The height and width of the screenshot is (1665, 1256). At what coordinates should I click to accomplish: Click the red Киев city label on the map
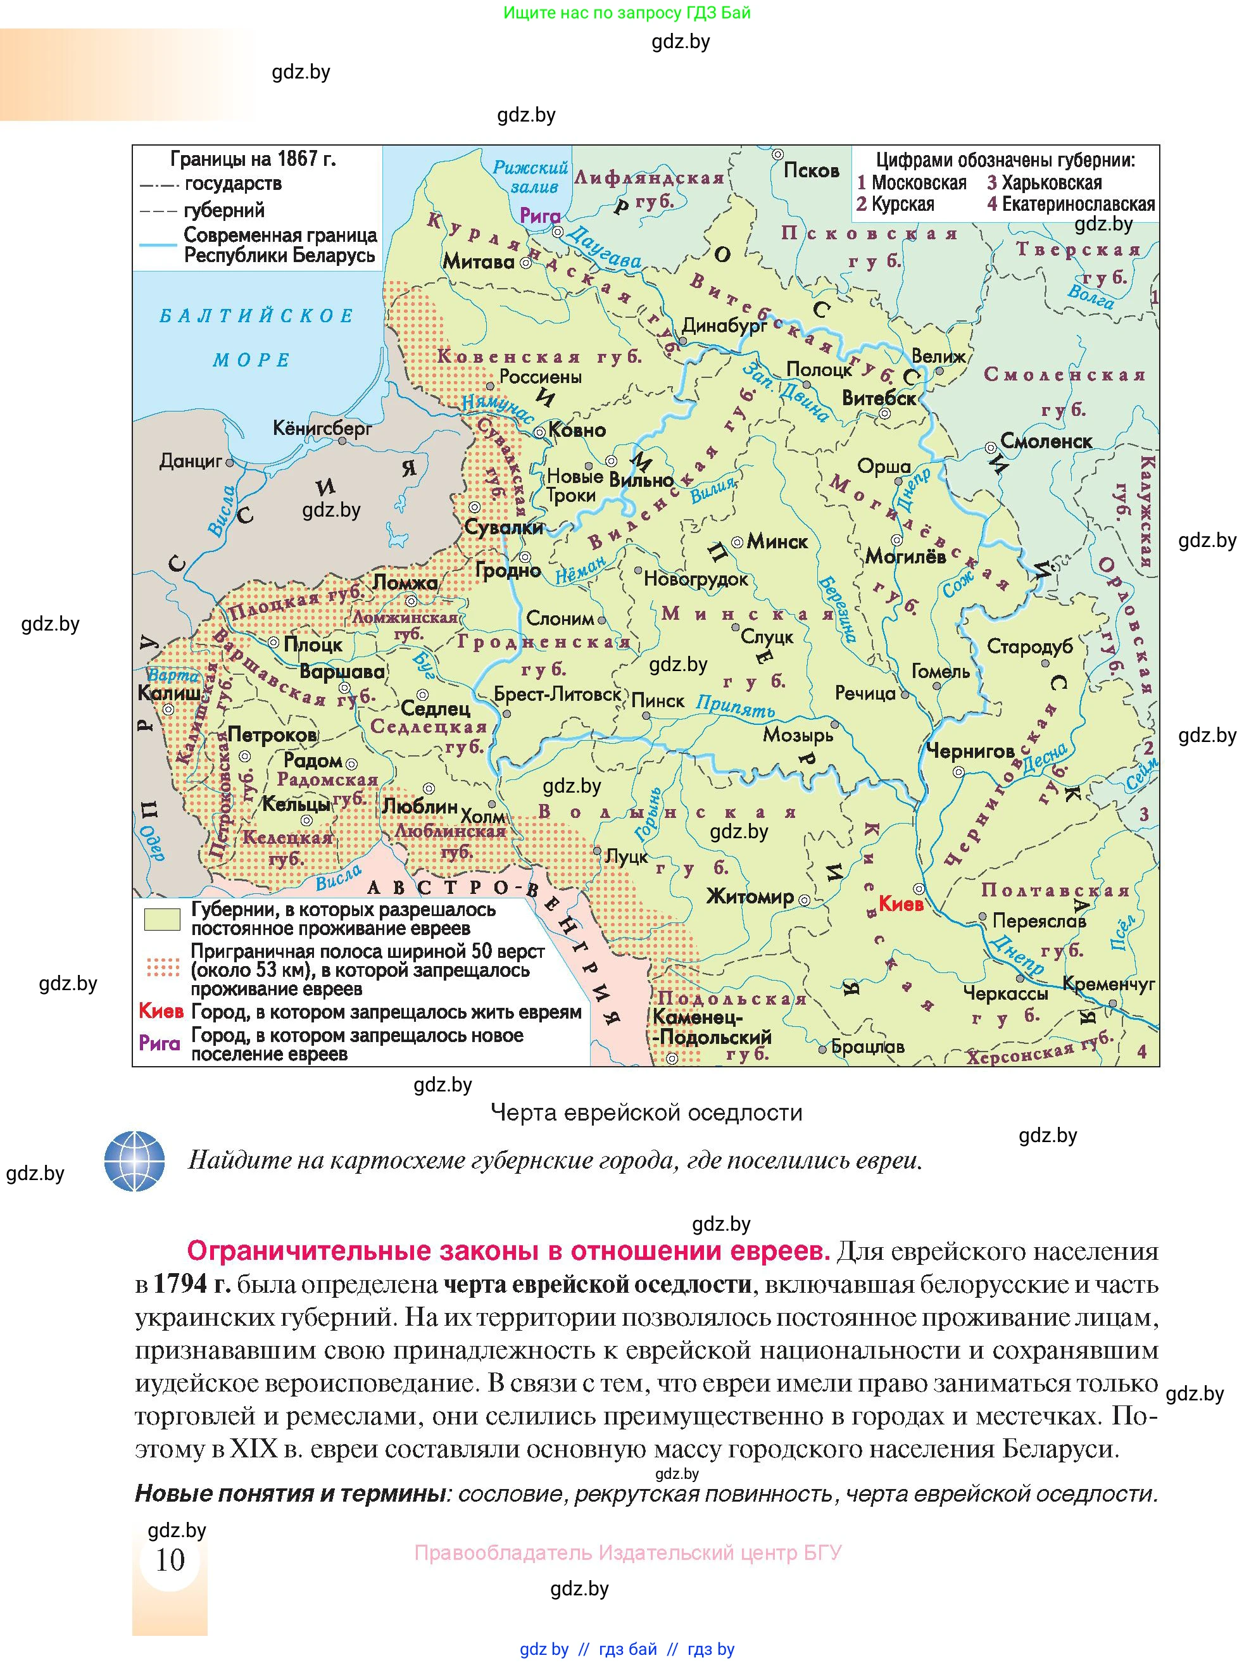tap(901, 904)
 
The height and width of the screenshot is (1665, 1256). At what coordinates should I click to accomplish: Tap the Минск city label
tap(777, 541)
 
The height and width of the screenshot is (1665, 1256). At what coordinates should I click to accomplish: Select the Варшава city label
tap(342, 672)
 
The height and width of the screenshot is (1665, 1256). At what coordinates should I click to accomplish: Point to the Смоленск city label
tap(1045, 442)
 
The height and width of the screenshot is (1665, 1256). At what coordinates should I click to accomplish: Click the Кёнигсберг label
tap(322, 429)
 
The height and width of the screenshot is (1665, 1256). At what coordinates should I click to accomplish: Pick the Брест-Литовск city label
tap(558, 694)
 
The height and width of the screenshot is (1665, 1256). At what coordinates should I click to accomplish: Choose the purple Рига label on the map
tap(539, 216)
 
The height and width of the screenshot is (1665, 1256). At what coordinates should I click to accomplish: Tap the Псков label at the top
tap(811, 170)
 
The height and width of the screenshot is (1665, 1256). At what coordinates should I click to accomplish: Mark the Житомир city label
tap(750, 896)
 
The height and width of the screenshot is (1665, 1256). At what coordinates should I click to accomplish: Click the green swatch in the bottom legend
tap(162, 919)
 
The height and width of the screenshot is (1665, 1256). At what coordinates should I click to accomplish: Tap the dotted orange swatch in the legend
tap(163, 967)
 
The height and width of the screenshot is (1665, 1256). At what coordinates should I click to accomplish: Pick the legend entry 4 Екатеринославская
tap(1071, 204)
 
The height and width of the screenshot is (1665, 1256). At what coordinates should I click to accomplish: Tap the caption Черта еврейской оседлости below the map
tap(646, 1112)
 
